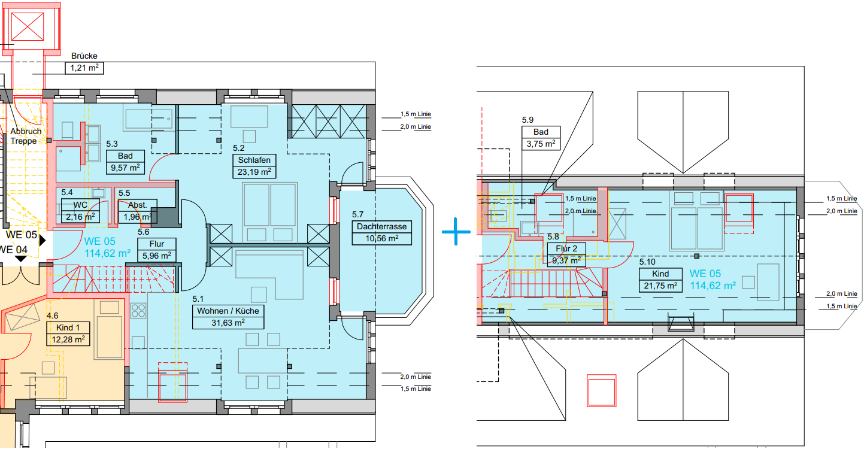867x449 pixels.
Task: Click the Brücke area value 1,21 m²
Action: (84, 68)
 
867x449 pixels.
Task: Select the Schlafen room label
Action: (254, 160)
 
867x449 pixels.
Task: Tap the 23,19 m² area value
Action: (254, 172)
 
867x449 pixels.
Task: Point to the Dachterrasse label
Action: (381, 226)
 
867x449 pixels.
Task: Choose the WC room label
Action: (80, 205)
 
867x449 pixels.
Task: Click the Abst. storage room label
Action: (137, 205)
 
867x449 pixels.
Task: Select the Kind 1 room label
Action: (68, 327)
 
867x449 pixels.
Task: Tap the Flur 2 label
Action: (566, 248)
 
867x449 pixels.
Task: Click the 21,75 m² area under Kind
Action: (660, 286)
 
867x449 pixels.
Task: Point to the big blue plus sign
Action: (456, 232)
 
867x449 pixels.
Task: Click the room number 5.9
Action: (528, 120)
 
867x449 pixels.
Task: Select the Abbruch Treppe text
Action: (26, 136)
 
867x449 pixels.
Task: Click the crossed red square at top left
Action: (28, 26)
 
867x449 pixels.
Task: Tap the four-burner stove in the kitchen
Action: (138, 311)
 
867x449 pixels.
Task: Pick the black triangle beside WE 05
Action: (43, 241)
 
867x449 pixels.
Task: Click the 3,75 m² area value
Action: (541, 144)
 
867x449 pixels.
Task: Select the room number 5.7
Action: (357, 214)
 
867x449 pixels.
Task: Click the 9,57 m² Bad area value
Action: (125, 168)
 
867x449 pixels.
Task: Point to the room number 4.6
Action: (52, 316)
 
